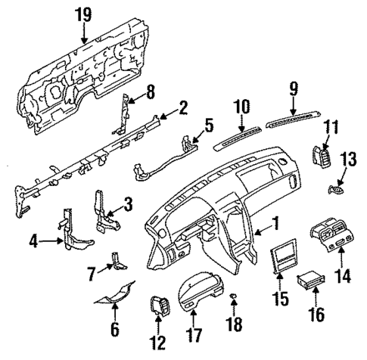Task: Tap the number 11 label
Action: click(x=331, y=128)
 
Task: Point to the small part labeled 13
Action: click(x=334, y=187)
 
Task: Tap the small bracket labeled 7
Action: click(x=116, y=259)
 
